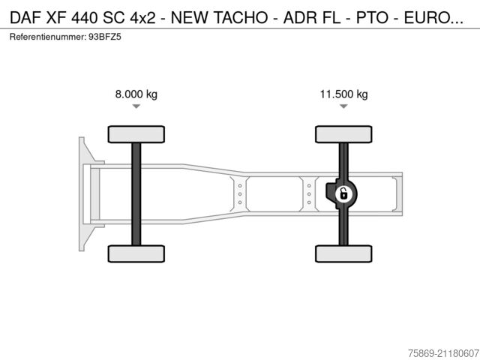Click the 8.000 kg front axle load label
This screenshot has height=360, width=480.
pos(136,94)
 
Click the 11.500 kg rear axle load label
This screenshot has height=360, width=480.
pos(343,94)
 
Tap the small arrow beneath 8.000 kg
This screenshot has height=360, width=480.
pos(136,107)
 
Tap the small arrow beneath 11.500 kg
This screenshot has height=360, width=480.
pos(343,107)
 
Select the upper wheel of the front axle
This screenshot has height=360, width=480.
pos(136,134)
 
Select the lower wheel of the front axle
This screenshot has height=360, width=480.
pos(136,253)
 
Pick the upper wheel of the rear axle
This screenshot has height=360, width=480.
pos(343,134)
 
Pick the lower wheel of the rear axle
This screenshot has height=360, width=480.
pos(343,253)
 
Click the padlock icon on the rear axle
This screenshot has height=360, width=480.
pos(343,194)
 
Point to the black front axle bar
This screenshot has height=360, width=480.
pos(136,193)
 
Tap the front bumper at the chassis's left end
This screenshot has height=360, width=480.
pos(85,193)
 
